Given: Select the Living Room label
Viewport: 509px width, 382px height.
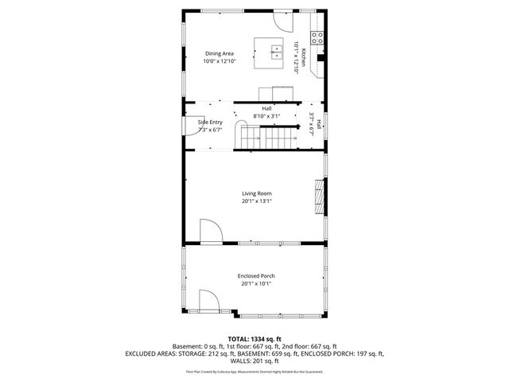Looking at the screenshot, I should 257,193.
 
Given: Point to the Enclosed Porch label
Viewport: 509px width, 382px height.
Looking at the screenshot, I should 256,275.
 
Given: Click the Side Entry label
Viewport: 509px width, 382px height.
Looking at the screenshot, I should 210,122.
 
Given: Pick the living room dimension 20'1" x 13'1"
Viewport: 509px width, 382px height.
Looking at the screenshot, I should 257,201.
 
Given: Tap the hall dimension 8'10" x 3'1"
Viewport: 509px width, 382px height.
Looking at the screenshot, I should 267,116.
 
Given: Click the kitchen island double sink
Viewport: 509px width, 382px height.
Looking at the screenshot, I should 276,53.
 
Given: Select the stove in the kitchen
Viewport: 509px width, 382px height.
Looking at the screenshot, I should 317,36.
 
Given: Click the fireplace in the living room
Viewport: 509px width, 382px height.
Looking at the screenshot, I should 320,195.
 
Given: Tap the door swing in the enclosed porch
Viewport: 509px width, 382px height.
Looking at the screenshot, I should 208,302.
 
